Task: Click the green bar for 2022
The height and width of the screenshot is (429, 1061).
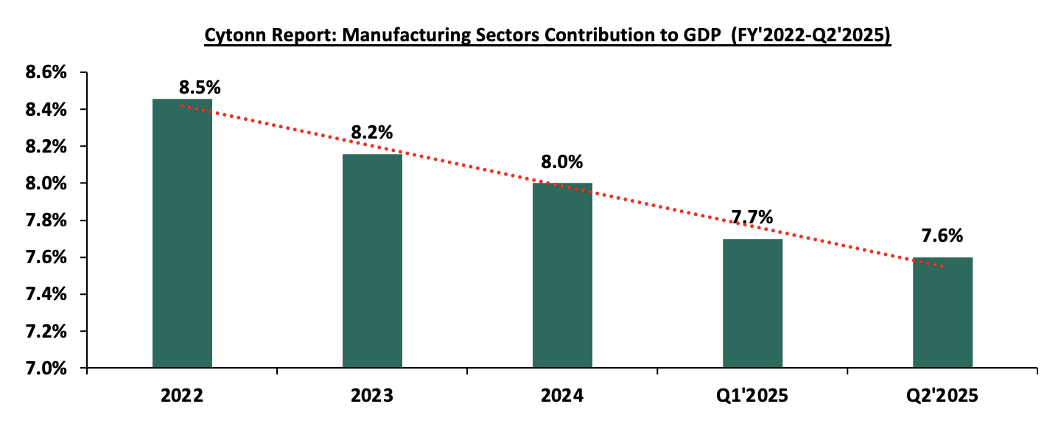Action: (182, 233)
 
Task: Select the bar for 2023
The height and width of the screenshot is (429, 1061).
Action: (372, 260)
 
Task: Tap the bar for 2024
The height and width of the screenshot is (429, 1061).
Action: (562, 275)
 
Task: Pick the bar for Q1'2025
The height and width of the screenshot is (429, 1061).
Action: (752, 303)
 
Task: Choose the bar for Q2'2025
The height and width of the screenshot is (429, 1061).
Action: (942, 312)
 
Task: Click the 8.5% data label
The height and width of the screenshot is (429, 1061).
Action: (200, 87)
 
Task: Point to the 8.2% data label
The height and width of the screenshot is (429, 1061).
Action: (371, 133)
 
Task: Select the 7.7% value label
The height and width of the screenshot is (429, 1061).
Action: (752, 217)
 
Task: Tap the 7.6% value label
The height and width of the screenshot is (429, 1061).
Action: (942, 237)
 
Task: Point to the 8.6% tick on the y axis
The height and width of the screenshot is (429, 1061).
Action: (46, 73)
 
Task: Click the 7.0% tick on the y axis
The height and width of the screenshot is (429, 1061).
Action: (46, 368)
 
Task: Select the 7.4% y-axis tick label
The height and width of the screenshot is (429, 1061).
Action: (46, 294)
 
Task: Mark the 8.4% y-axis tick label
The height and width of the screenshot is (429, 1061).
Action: (46, 110)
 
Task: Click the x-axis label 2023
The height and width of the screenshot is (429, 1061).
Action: (372, 396)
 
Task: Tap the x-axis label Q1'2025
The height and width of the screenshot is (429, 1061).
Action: (752, 396)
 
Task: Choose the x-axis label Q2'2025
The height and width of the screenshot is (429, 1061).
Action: (942, 396)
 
